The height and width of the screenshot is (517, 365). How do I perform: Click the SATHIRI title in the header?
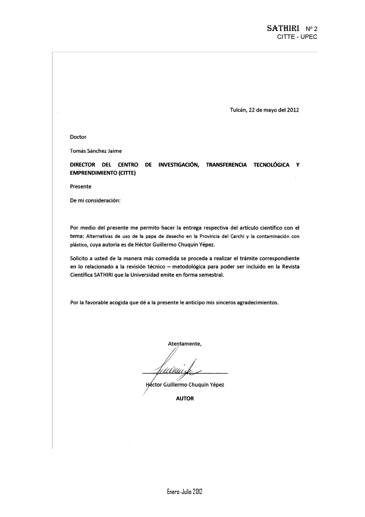pos(283,28)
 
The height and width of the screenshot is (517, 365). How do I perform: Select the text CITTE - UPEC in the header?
pos(297,37)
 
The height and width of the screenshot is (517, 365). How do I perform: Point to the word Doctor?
pos(78,137)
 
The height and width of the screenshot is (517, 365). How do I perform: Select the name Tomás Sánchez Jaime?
pos(96,151)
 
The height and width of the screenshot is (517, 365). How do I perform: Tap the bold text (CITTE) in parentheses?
pos(127,173)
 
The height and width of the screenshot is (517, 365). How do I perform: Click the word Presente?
pos(81,187)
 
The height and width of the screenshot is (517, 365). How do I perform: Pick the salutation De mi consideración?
pos(95,200)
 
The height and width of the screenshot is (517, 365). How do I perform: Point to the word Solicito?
pos(79,258)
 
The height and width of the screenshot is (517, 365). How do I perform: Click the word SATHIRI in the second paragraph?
pos(103,275)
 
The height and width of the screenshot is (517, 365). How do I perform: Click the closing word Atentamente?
pos(185,344)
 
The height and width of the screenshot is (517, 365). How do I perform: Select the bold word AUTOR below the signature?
pos(185,399)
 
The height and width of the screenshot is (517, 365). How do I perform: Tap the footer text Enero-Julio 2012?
pos(185,491)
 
